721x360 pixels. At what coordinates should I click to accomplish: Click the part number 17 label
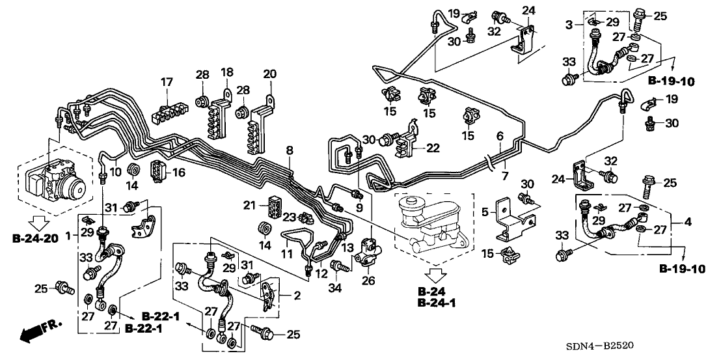pos(167,82)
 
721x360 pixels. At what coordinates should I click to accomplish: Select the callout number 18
pos(227,72)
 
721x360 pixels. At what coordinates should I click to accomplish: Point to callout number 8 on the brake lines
pos(290,150)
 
